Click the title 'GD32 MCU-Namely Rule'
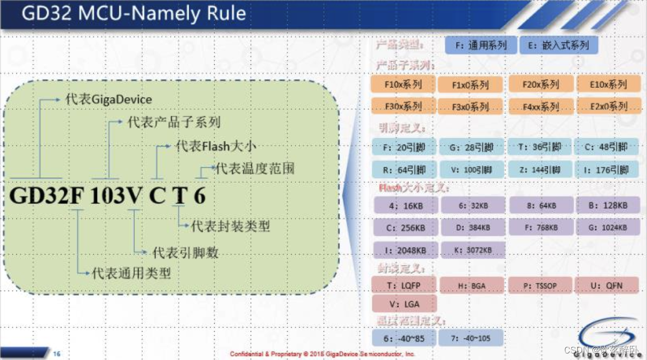click(x=134, y=14)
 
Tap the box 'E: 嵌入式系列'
click(x=558, y=45)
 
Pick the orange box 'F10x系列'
click(x=403, y=85)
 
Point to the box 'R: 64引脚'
click(x=403, y=169)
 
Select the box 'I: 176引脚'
click(x=606, y=169)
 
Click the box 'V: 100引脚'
click(x=471, y=169)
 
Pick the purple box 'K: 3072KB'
click(x=472, y=250)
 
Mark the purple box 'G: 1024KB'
click(x=608, y=227)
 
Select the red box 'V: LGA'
click(x=404, y=303)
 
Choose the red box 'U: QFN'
click(x=608, y=285)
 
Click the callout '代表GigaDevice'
click(x=108, y=99)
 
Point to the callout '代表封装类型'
click(x=231, y=225)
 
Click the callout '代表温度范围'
click(x=255, y=168)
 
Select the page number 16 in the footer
click(x=57, y=354)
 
